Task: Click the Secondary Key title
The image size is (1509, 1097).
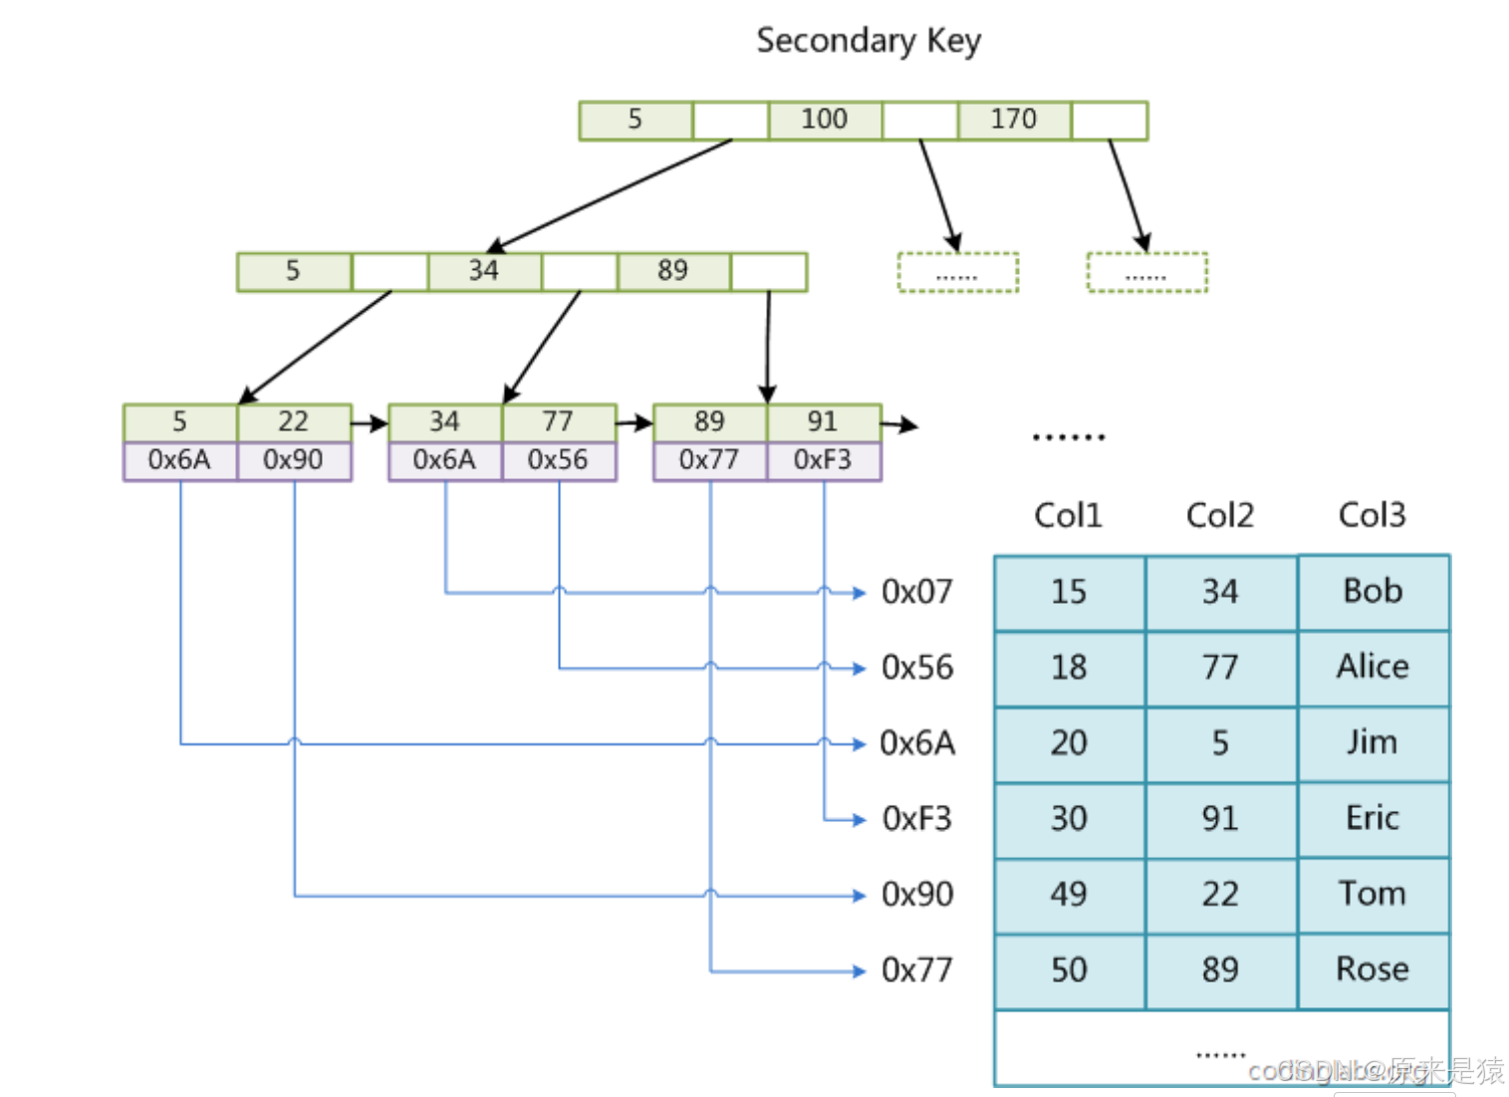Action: [x=869, y=41]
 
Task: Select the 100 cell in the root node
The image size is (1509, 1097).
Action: [x=824, y=120]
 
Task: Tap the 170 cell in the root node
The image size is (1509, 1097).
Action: [x=1013, y=120]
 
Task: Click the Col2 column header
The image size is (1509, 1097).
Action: [x=1219, y=515]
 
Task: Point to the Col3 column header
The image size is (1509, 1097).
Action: [x=1372, y=515]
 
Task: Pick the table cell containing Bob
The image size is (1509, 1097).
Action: [x=1373, y=592]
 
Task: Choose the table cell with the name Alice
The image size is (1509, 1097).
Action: [x=1373, y=667]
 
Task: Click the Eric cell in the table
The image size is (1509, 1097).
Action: [x=1373, y=818]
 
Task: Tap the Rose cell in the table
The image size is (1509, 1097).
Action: [x=1373, y=969]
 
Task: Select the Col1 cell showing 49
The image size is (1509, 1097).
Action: [x=1069, y=894]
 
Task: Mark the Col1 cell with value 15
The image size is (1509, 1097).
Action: [x=1069, y=592]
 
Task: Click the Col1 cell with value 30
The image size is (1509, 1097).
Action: [x=1069, y=818]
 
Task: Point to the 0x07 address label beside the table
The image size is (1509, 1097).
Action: [x=917, y=592]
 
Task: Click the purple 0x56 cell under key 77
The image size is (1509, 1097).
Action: [x=558, y=460]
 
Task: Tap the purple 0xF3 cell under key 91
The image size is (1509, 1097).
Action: [x=823, y=460]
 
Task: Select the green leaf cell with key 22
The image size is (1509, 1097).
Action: [x=293, y=421]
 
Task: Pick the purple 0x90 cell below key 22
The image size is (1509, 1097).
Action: [x=293, y=460]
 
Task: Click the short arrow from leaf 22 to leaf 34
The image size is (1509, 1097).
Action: [x=370, y=423]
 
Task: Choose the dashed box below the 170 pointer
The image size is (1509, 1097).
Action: [x=1146, y=273]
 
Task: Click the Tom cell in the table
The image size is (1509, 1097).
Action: [x=1373, y=894]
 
